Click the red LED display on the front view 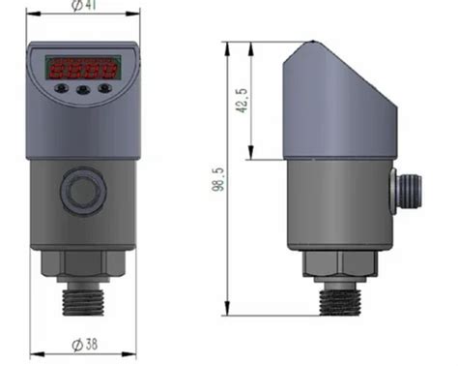82,69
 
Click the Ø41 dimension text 84,7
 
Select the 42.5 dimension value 242,102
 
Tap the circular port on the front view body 82,190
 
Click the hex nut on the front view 82,262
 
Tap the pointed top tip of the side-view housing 313,41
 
